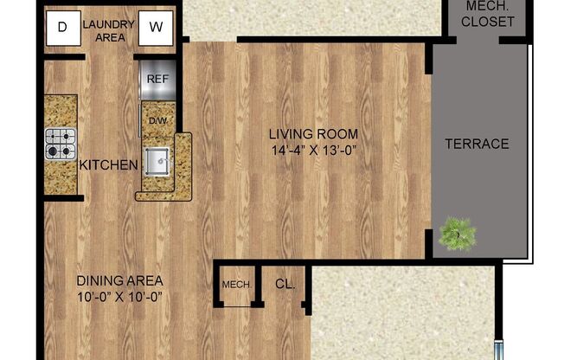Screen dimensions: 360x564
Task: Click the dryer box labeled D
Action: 61,26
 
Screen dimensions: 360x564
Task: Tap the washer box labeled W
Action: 156,26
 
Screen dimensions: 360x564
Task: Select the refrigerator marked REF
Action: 157,78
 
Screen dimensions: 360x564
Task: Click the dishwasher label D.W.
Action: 157,119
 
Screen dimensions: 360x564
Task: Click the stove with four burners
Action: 60,144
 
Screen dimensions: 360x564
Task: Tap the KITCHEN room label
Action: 107,164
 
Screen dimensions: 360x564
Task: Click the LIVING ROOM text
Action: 312,134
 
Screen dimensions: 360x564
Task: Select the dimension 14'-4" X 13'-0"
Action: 312,151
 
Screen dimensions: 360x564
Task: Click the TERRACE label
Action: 477,144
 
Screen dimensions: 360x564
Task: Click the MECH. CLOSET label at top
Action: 487,14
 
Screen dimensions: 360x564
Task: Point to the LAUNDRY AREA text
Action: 108,30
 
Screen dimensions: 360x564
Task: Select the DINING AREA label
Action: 120,280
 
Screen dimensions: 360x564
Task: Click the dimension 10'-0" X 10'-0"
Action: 120,297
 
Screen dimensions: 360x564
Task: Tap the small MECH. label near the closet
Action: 236,285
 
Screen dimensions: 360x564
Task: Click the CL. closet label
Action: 285,283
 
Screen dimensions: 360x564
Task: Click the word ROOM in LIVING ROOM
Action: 337,134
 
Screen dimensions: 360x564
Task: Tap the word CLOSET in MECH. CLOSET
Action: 487,22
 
